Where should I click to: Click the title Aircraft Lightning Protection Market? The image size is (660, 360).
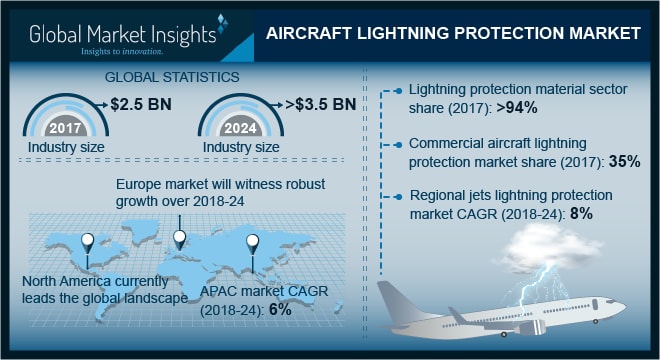453,34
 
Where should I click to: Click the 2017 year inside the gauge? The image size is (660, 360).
66,129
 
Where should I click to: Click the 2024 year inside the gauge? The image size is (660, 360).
237,129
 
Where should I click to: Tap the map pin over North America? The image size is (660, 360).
89,243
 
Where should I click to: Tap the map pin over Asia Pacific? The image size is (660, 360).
252,243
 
